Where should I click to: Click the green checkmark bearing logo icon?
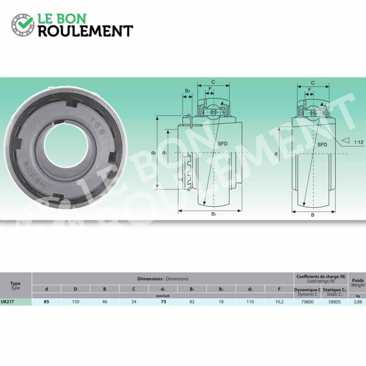tap(23, 25)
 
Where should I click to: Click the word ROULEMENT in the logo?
tap(86, 31)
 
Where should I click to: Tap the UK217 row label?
tap(7, 301)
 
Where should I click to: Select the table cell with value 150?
tap(75, 302)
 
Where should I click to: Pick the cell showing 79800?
tap(307, 302)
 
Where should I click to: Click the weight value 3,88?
tap(358, 302)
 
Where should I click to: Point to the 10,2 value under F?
tap(279, 302)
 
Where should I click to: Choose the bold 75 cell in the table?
tap(164, 302)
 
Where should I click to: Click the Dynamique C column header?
tap(307, 292)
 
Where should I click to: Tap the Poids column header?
tap(358, 282)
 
